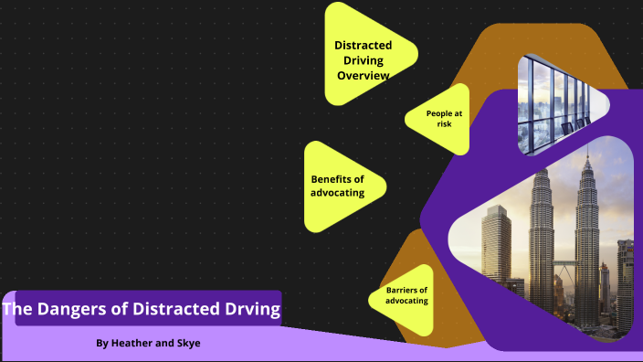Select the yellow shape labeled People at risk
pos(440,119)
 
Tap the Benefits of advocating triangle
pos(340,186)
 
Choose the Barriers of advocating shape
pos(402,295)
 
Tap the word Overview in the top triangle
pos(364,75)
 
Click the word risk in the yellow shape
pos(445,124)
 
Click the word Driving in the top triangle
pos(364,60)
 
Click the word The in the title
pos(16,309)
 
